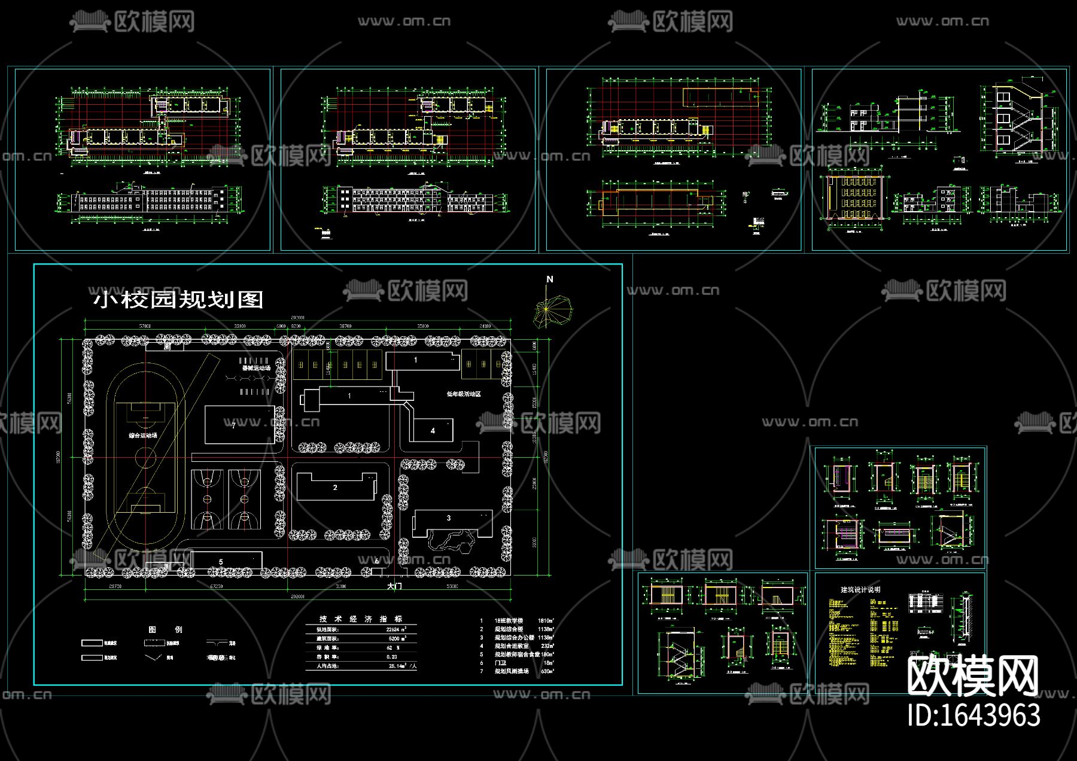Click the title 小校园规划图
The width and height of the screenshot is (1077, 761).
click(178, 299)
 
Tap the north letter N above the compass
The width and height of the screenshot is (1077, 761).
click(550, 279)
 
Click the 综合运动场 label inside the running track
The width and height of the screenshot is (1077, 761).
click(143, 436)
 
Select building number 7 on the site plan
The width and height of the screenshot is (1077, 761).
click(233, 425)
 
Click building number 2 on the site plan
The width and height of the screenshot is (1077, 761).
click(335, 488)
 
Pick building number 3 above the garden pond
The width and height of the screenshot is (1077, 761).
click(449, 518)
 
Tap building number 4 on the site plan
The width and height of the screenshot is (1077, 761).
click(433, 431)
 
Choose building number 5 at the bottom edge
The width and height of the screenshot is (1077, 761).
click(221, 562)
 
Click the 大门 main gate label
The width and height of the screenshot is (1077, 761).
click(394, 586)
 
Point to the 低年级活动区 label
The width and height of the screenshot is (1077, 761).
click(464, 394)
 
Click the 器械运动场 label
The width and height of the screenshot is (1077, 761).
click(256, 369)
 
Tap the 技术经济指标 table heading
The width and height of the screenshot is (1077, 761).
click(361, 619)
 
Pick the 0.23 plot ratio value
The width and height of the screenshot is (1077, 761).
click(392, 657)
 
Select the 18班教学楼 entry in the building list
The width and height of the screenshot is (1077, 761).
click(509, 621)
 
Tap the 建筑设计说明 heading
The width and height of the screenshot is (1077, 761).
click(860, 589)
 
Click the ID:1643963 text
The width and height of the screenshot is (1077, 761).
click(973, 716)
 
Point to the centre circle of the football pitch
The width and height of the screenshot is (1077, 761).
click(145, 458)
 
